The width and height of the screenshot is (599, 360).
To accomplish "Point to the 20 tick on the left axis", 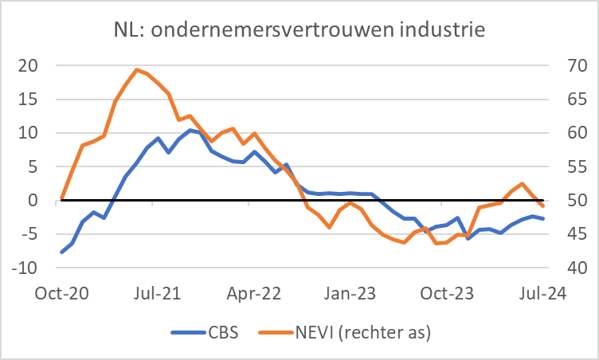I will click(28, 66).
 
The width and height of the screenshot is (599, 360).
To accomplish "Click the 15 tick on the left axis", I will click(28, 100).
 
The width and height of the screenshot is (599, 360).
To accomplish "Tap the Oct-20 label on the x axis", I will click(62, 292).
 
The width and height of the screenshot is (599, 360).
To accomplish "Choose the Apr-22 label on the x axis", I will click(255, 292).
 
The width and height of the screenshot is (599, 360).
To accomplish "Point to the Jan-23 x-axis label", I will click(351, 292).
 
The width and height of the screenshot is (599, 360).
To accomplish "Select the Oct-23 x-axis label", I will click(447, 292).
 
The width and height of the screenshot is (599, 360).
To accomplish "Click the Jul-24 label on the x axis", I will click(542, 292).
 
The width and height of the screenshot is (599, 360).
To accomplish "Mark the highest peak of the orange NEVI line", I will click(137, 69).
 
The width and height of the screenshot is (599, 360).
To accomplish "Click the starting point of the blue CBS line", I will click(62, 252).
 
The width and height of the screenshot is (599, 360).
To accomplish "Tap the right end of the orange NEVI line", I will click(543, 206).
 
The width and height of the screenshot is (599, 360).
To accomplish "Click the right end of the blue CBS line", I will click(543, 219).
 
